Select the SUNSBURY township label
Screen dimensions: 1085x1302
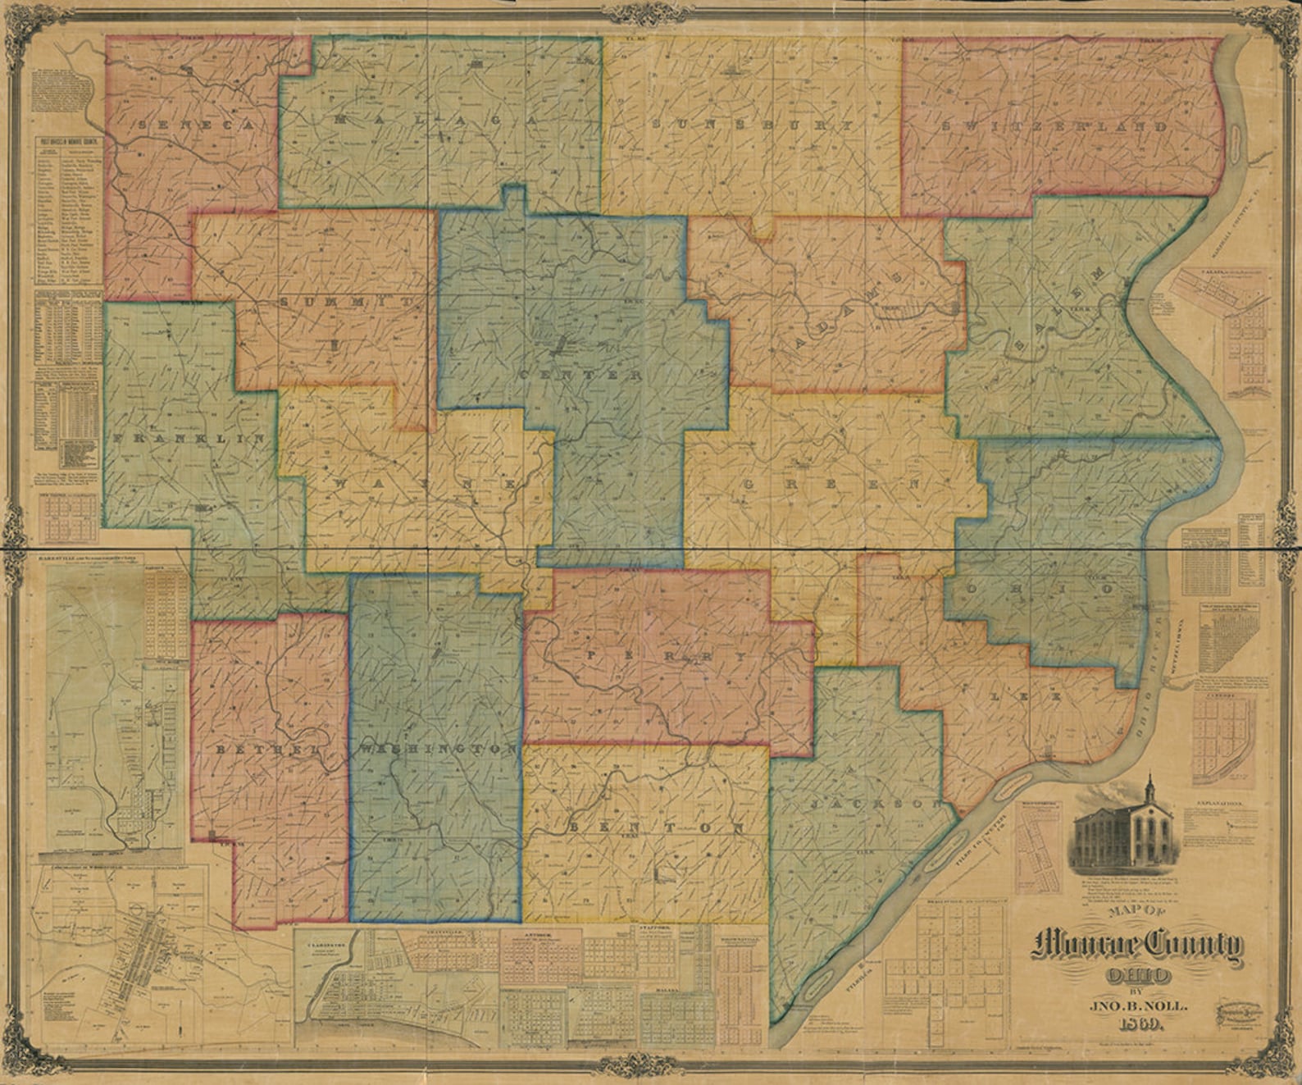pyautogui.click(x=753, y=125)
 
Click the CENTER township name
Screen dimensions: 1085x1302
pyautogui.click(x=582, y=376)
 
